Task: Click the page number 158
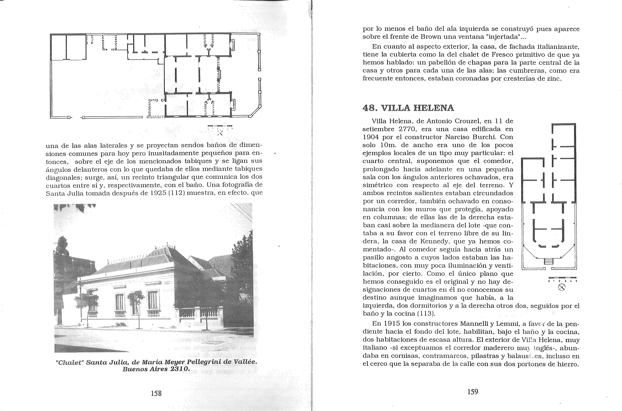point(156,393)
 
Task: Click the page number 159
point(473,392)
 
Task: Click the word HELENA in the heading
point(434,108)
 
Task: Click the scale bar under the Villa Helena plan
point(562,278)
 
